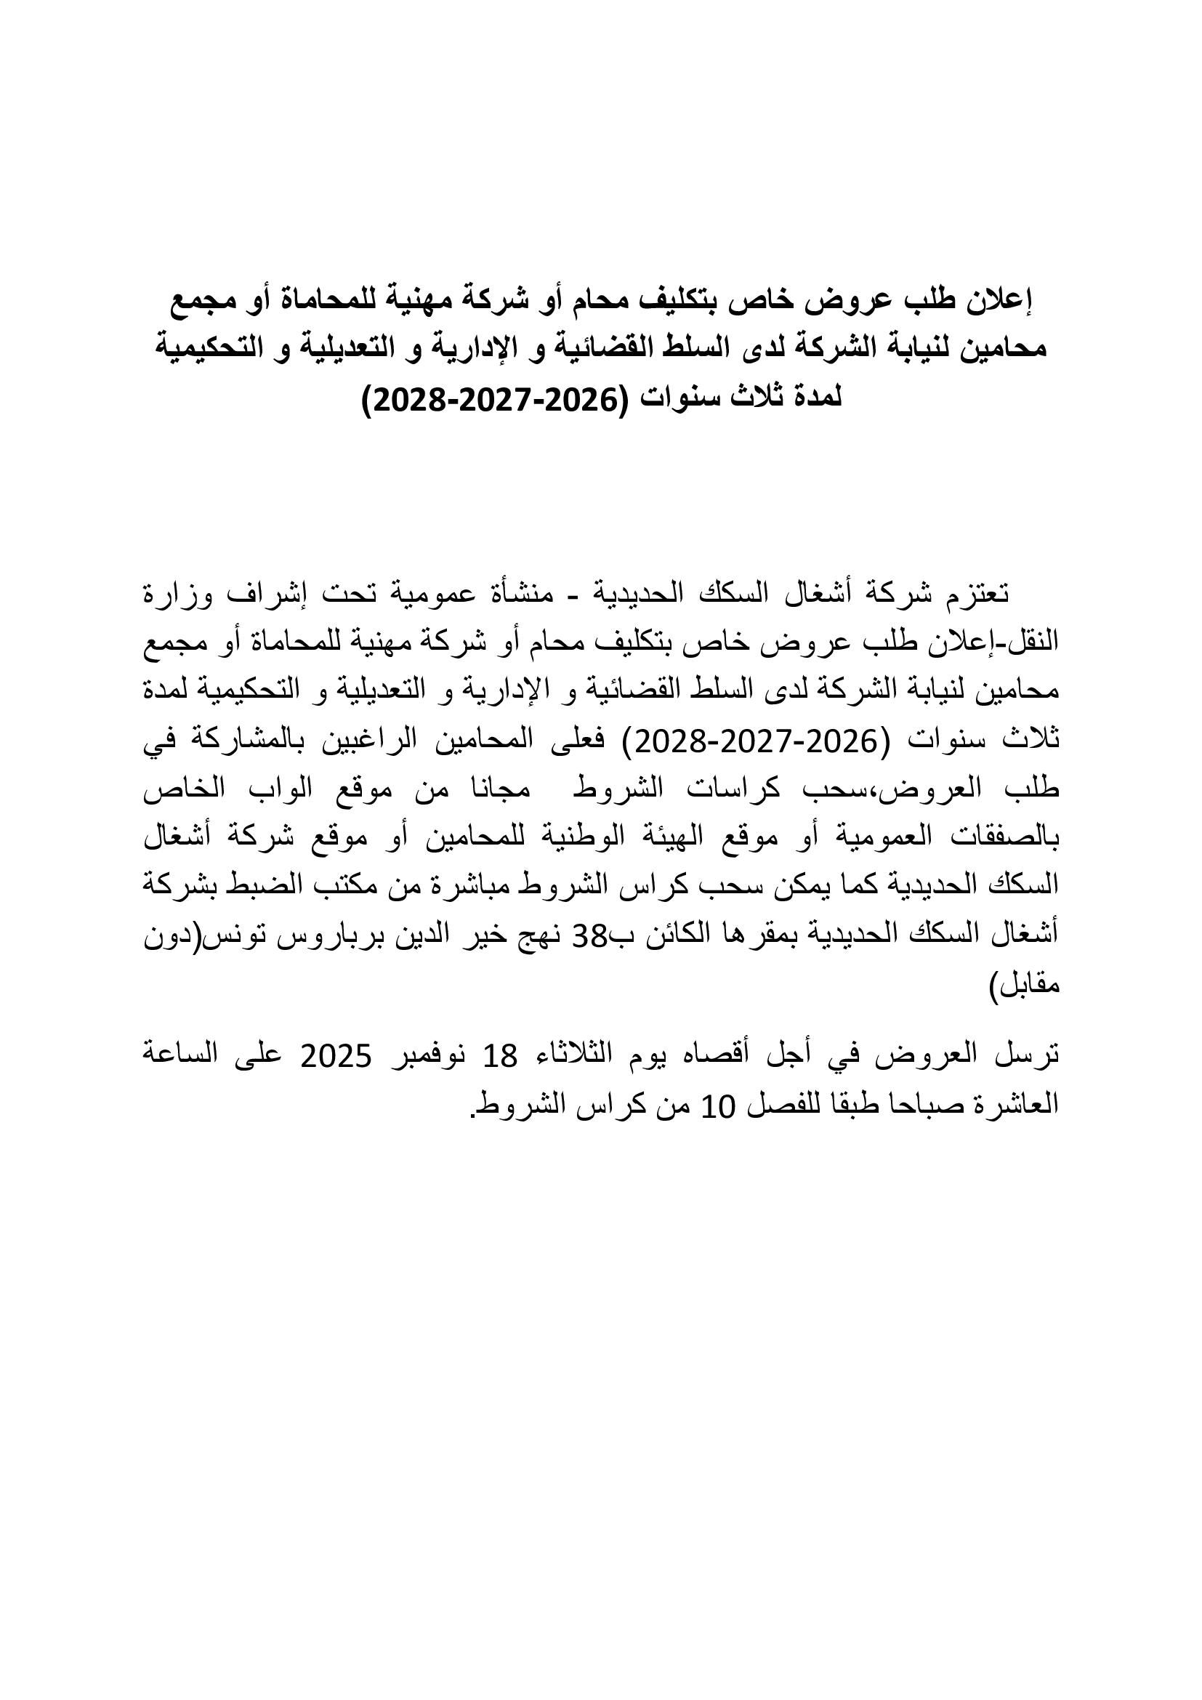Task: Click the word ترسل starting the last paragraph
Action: (x=1033, y=1056)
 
